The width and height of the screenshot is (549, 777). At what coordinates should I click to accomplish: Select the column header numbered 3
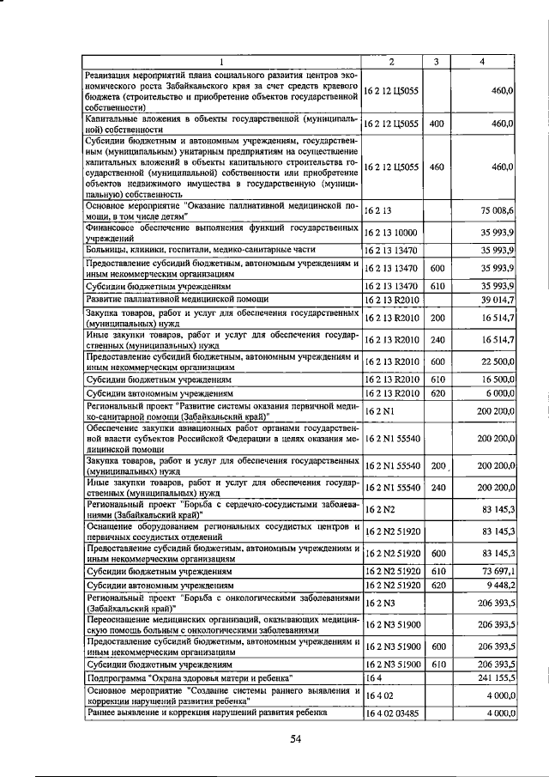[x=436, y=61]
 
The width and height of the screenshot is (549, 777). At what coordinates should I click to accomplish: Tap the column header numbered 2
[x=391, y=61]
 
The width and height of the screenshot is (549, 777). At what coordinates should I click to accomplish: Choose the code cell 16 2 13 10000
[x=390, y=232]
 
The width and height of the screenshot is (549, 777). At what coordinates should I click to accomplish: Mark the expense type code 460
[x=436, y=167]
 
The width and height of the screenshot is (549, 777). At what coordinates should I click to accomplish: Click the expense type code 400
[x=436, y=124]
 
